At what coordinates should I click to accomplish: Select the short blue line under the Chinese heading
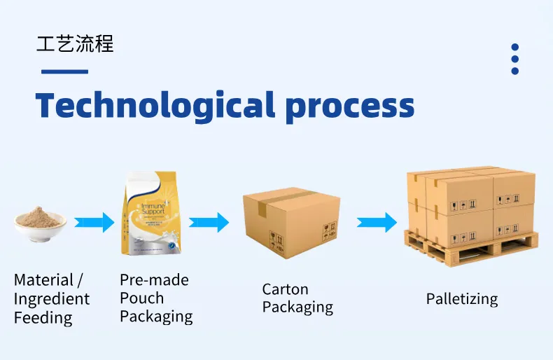pyautogui.click(x=64, y=71)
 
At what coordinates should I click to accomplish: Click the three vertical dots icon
pyautogui.click(x=514, y=59)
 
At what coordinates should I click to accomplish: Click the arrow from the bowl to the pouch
pyautogui.click(x=94, y=223)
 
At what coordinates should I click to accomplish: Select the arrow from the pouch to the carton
pyautogui.click(x=209, y=223)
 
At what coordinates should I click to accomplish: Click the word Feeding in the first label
pyautogui.click(x=43, y=318)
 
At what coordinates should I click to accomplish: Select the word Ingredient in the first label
pyautogui.click(x=52, y=299)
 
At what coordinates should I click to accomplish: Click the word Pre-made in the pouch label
pyautogui.click(x=154, y=280)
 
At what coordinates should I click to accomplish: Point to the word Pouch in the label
pyautogui.click(x=141, y=298)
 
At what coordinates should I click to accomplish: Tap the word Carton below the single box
pyautogui.click(x=285, y=289)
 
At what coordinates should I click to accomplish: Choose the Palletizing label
pyautogui.click(x=462, y=299)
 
